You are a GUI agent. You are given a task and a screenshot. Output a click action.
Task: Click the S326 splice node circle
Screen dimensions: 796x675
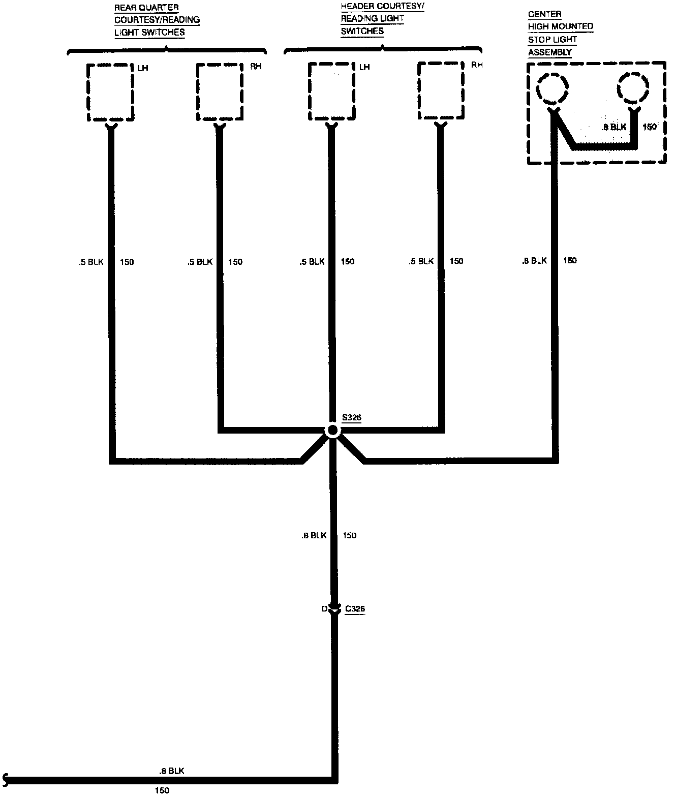pos(332,431)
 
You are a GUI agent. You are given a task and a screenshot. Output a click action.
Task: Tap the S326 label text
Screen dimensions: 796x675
pos(351,418)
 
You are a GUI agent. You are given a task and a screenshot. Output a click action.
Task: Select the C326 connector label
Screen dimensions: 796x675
pos(355,608)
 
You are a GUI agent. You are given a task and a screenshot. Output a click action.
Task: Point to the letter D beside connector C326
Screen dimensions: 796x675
pos(324,609)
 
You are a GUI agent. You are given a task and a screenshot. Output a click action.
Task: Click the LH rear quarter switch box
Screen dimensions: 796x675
pos(110,92)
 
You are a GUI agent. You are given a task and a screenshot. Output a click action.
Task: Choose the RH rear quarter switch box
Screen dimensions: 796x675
pos(220,92)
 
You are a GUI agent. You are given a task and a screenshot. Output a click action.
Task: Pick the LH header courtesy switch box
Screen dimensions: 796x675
pos(331,92)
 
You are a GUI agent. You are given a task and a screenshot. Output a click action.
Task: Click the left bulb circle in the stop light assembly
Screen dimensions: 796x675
pos(553,88)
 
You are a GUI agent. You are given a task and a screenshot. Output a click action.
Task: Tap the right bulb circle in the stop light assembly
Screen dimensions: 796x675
pos(633,88)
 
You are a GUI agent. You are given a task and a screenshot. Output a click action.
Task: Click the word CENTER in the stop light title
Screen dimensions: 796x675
pos(544,14)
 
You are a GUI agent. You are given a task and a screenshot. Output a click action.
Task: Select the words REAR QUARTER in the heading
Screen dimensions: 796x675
pos(146,8)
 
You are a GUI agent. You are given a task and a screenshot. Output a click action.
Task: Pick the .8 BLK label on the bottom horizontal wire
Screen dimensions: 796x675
pos(171,771)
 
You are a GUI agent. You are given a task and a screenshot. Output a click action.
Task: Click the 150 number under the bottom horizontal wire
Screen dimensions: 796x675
pos(162,790)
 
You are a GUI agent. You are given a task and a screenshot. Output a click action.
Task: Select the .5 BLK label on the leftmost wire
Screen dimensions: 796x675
pos(91,262)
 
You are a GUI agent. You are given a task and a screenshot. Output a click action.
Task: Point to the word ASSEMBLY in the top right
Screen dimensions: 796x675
pos(549,52)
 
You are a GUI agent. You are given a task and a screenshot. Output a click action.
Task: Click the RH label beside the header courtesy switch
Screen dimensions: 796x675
pos(477,65)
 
